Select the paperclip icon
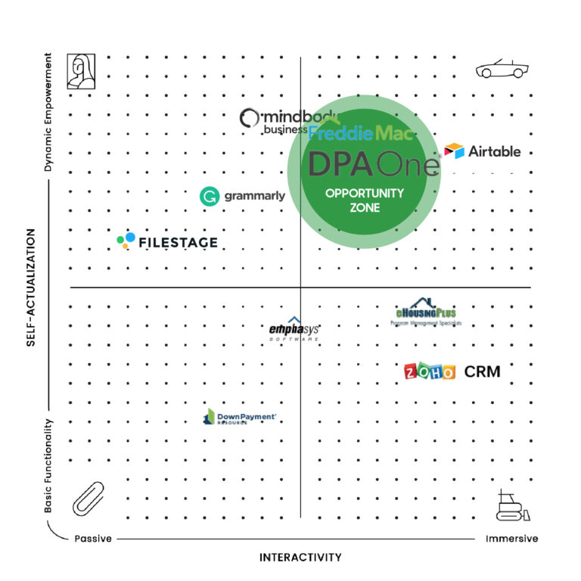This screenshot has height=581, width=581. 89,497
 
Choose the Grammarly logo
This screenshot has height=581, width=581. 242,196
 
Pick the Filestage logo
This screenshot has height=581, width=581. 167,242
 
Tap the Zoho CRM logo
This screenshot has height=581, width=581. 452,371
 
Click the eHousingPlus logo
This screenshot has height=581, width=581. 426,312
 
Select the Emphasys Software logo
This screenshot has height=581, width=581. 294,331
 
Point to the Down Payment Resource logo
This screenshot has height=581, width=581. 239,417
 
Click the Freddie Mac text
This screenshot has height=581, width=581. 362,134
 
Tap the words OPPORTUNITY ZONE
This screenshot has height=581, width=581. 365,200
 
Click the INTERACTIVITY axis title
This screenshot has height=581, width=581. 300,558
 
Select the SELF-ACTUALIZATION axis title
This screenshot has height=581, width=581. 31,288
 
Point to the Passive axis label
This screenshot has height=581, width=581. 93,539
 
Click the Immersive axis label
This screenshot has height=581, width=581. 511,539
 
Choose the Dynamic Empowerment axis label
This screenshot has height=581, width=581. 48,112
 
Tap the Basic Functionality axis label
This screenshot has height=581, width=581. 48,466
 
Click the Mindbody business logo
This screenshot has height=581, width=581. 276,121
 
